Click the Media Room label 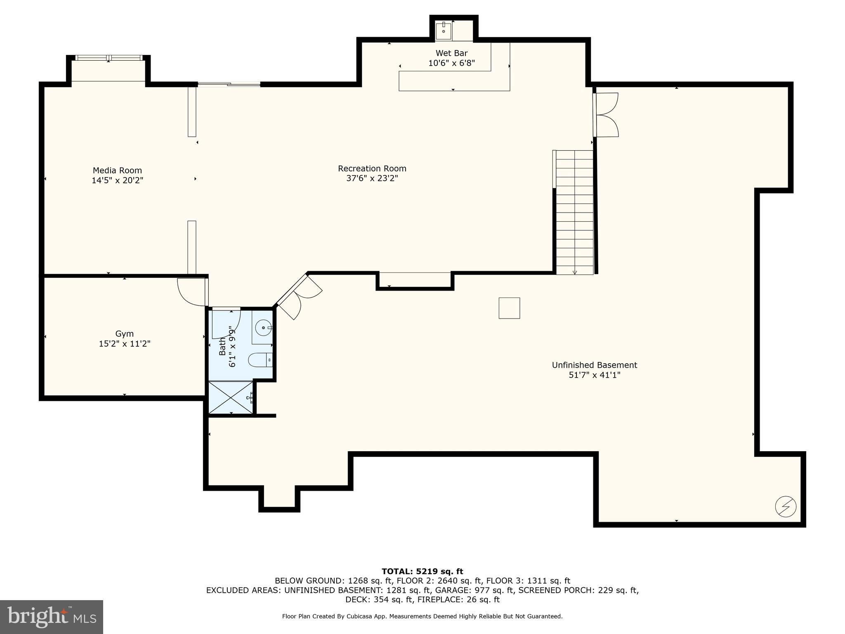(117, 170)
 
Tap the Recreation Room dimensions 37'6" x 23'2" (372, 178)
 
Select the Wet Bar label (451, 53)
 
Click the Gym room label (124, 334)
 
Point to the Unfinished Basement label (594, 365)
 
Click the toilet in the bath (260, 360)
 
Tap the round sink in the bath (263, 329)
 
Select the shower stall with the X (231, 397)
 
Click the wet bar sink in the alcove (444, 31)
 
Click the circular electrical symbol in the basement (786, 506)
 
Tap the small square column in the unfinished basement (509, 308)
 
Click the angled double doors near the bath (299, 296)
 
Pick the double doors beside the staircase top (607, 115)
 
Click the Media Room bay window (109, 58)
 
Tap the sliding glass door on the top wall (229, 85)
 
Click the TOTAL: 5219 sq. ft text (422, 571)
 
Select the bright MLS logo (52, 617)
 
